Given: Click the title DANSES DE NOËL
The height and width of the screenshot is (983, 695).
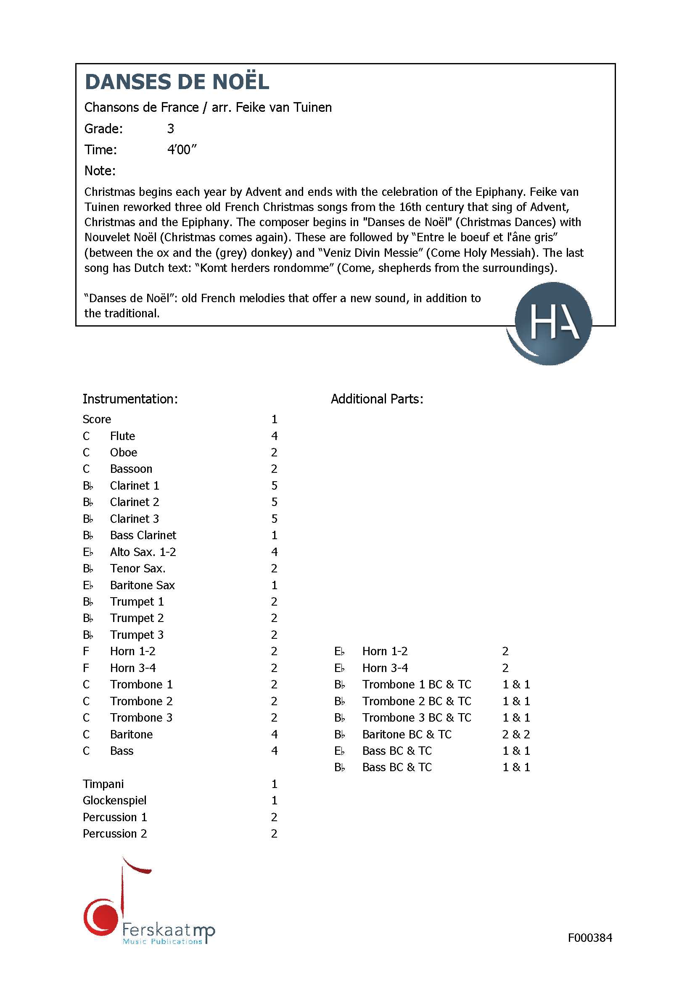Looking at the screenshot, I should click(177, 82).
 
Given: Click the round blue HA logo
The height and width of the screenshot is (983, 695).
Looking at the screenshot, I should click(553, 323).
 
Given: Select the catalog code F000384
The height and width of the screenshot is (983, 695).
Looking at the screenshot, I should click(589, 938).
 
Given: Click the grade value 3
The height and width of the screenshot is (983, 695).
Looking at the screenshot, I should click(170, 129).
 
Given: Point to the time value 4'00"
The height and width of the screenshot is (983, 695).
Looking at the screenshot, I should click(182, 150).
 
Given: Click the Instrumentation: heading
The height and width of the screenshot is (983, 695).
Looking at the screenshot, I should click(130, 399).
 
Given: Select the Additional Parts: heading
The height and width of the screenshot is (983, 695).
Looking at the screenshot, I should click(377, 399).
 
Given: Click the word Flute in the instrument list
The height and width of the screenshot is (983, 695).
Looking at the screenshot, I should click(122, 436).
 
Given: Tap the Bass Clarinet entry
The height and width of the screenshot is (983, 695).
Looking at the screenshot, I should click(143, 535).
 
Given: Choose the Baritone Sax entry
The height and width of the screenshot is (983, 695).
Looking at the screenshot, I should click(142, 585).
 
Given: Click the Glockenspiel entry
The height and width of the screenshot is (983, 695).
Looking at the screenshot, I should click(114, 801).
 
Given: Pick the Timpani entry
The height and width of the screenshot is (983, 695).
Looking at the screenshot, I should click(103, 784).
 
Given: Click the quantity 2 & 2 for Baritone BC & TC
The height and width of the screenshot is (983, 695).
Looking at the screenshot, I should click(516, 735).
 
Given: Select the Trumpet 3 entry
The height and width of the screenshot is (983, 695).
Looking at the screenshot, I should click(137, 635).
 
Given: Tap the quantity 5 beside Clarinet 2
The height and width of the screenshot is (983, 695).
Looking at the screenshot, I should click(275, 502).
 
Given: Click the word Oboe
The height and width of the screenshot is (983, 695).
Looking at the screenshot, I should click(123, 453).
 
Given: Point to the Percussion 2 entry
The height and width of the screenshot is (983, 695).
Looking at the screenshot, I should click(115, 833).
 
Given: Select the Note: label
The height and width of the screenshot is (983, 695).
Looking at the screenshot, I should click(100, 171).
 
